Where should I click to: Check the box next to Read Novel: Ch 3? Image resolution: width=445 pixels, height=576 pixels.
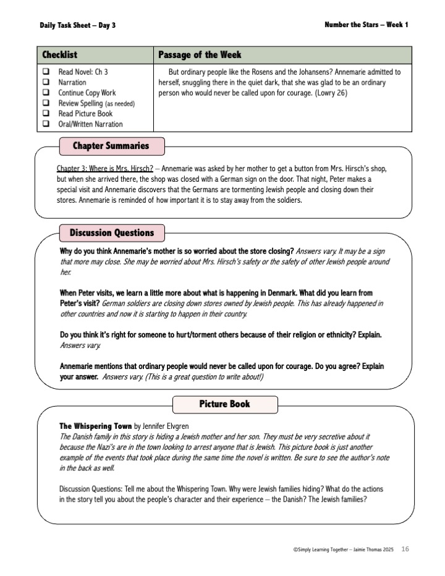click(46, 72)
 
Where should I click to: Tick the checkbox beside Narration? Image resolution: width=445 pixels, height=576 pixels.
click(46, 82)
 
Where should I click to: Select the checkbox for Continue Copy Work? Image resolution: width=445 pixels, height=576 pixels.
click(46, 93)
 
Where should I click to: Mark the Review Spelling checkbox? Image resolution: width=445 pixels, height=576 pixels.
click(46, 103)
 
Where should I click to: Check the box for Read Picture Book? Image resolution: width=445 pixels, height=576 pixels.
click(46, 114)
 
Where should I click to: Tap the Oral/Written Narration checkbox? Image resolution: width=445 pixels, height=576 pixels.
click(46, 124)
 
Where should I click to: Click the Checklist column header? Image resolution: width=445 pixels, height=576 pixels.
click(59, 55)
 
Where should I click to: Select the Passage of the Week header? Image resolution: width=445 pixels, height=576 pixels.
click(200, 55)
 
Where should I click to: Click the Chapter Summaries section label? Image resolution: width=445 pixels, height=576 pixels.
click(111, 146)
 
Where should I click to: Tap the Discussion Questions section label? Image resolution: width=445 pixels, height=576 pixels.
click(111, 233)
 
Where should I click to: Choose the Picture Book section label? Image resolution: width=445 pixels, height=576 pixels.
click(224, 404)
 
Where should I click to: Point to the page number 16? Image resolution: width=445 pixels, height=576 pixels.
click(405, 549)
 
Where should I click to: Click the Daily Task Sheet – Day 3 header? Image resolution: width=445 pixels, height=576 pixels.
click(77, 25)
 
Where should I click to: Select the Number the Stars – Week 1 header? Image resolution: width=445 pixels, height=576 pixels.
click(366, 25)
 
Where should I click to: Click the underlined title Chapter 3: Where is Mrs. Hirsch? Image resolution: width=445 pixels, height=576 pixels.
click(104, 169)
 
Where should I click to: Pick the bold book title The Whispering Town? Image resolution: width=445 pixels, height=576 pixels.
click(95, 426)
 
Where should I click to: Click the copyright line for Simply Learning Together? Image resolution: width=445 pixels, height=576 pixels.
click(344, 549)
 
